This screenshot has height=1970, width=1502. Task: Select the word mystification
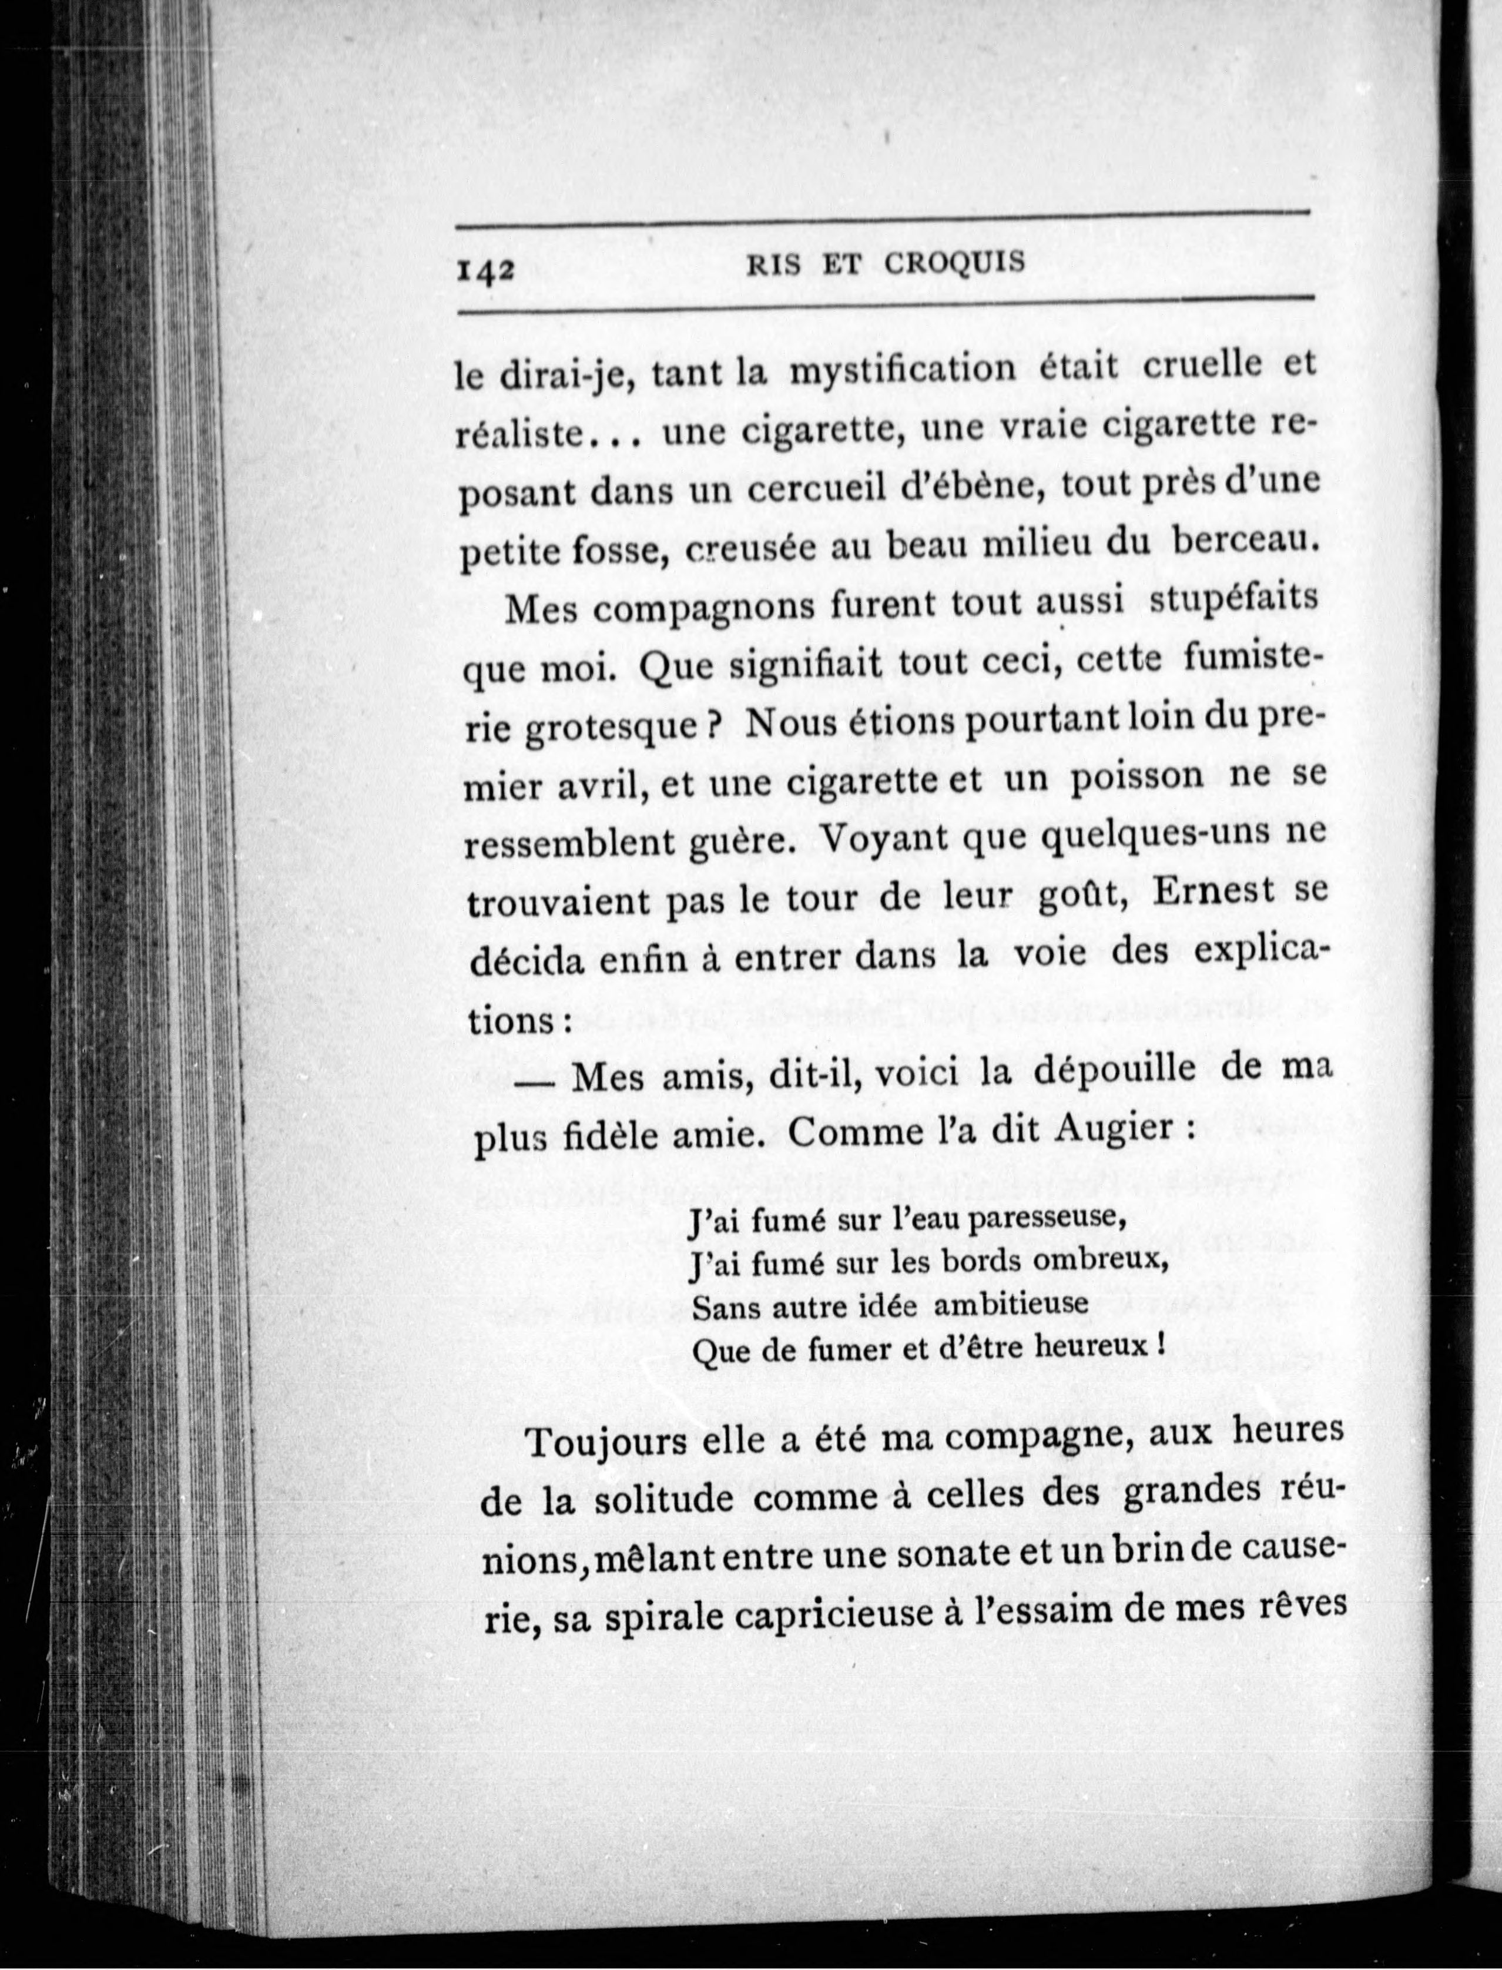(x=902, y=368)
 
